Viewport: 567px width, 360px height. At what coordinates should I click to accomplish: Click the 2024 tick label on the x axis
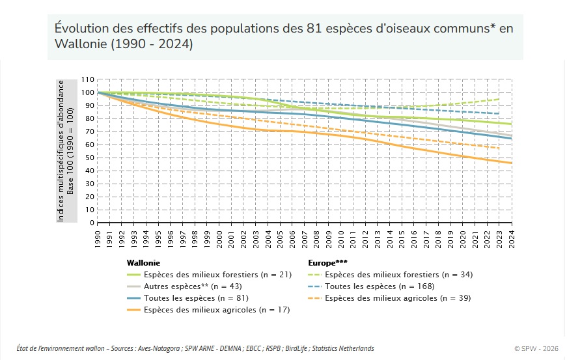(x=511, y=238)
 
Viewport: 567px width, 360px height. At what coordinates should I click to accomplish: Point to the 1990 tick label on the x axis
(x=98, y=238)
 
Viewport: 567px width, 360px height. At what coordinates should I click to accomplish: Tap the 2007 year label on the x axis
(x=304, y=238)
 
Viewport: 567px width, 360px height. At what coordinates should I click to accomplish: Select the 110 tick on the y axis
(x=87, y=79)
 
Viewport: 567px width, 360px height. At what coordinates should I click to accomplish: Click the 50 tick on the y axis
(x=89, y=158)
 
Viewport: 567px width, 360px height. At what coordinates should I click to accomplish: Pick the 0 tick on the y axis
(x=91, y=223)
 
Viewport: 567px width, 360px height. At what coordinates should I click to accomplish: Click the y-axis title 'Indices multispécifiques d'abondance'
(x=61, y=151)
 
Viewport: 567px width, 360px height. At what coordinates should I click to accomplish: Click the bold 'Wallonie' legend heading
(x=143, y=263)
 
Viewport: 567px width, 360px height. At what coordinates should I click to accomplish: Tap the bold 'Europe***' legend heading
(x=327, y=263)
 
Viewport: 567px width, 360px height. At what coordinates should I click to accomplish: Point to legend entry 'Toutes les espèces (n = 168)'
(x=379, y=286)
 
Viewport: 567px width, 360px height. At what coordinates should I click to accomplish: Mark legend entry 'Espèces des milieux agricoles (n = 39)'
(x=397, y=298)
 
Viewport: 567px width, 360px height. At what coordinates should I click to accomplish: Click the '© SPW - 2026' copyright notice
(x=535, y=348)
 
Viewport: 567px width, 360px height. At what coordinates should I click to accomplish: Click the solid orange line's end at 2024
(x=511, y=163)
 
